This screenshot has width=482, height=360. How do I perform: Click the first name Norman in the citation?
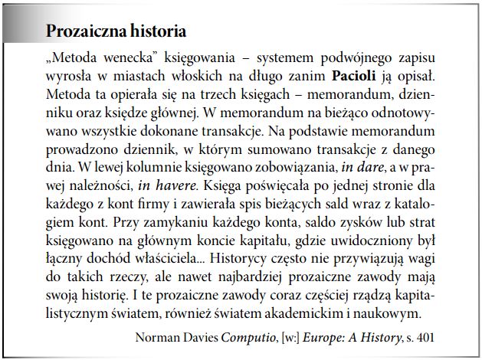(x=156, y=335)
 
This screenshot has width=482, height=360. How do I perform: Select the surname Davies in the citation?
(x=201, y=335)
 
